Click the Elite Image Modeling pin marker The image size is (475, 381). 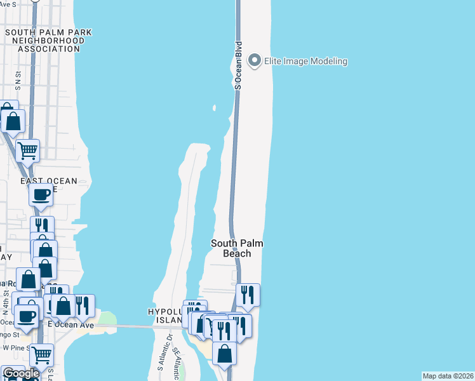[255, 61]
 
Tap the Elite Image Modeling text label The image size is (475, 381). [306, 62]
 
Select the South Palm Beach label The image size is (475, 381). [237, 248]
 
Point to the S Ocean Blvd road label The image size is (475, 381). [239, 65]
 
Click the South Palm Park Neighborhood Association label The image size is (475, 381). [49, 40]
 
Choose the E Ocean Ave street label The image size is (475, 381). [71, 325]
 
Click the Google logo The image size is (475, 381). [20, 373]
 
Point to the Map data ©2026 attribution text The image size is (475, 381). [448, 375]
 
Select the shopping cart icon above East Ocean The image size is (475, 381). [27, 150]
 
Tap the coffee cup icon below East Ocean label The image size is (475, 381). [41, 195]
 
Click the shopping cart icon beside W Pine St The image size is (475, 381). [41, 354]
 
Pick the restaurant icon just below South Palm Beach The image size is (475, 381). [248, 294]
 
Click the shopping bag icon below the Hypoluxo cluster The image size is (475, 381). [225, 352]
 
